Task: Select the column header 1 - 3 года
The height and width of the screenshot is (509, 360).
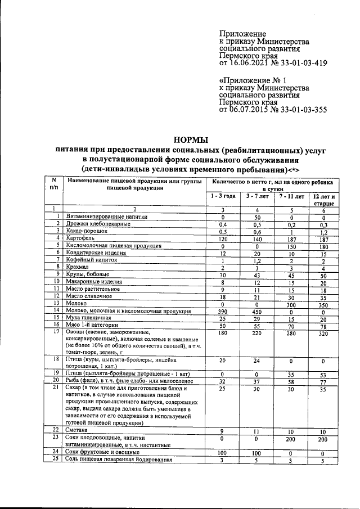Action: [x=223, y=196]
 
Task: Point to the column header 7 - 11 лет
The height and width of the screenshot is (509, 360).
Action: [x=291, y=196]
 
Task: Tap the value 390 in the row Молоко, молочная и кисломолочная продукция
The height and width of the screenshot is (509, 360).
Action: [x=223, y=311]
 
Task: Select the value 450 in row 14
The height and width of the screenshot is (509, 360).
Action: [x=256, y=311]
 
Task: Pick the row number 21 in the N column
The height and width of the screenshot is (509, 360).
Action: [x=55, y=388]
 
